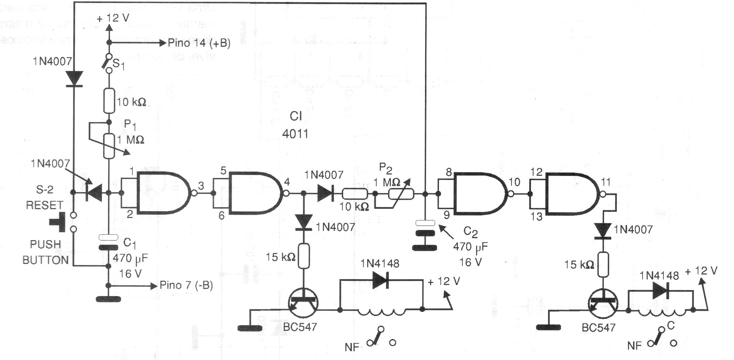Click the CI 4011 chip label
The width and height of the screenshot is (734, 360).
pos(295,125)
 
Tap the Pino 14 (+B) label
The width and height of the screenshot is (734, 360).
pos(199,43)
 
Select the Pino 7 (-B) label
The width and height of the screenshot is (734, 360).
pos(186,285)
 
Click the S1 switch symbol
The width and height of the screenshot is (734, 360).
pos(109,63)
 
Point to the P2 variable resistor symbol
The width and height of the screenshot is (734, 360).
pos(401,194)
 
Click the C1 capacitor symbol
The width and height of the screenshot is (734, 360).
pos(108,242)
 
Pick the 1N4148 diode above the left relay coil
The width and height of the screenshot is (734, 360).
pos(381,281)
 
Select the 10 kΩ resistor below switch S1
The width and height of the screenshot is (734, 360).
pos(109,101)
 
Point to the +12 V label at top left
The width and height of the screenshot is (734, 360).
pos(113,18)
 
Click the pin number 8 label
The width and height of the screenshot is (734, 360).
pos(449,172)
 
